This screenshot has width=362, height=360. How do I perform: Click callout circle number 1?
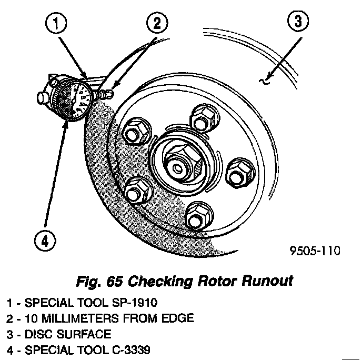click(x=59, y=23)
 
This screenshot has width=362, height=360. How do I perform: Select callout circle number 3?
click(x=298, y=24)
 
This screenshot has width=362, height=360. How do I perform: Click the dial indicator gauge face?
click(x=74, y=99)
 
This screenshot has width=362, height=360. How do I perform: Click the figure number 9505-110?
click(x=315, y=251)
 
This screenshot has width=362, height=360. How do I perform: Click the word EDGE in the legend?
click(x=179, y=318)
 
